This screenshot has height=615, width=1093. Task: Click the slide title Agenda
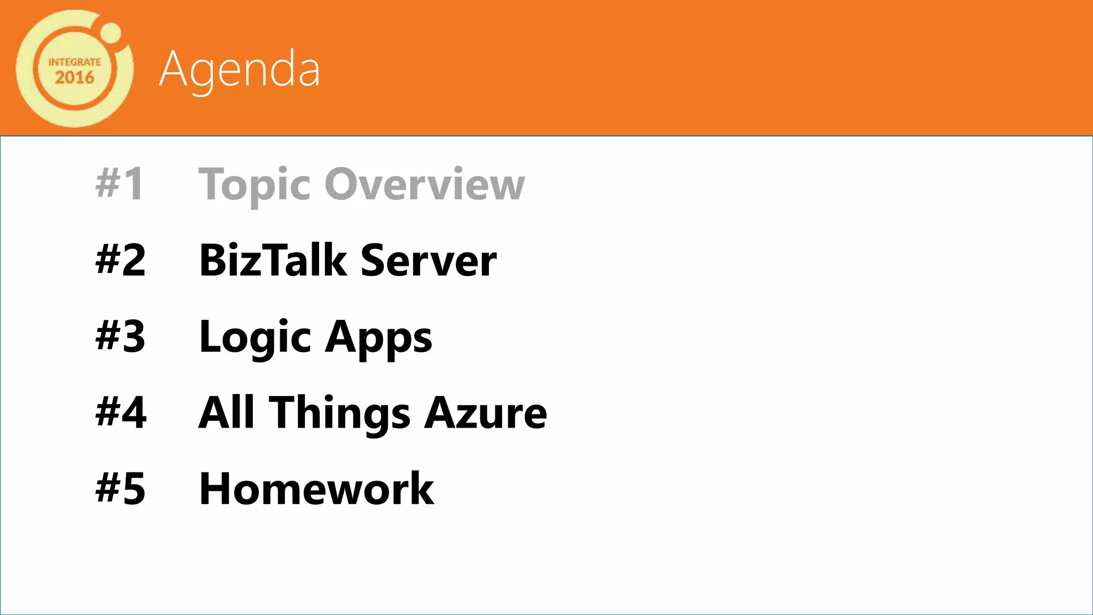pos(240,69)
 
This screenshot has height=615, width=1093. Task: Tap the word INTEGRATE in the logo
pos(75,62)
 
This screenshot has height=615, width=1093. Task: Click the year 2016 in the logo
pos(75,78)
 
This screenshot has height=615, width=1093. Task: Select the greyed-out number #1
pos(120,184)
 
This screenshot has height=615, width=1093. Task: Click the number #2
pos(120,260)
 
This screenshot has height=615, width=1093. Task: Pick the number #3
pos(120,336)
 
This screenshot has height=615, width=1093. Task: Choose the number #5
pos(120,488)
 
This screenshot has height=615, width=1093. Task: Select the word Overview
pos(425,184)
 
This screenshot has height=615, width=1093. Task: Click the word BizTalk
pos(273,260)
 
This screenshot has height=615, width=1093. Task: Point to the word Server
pos(429,261)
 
